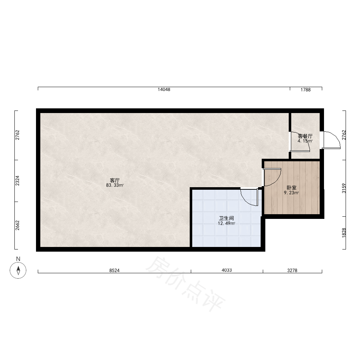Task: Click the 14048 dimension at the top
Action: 164,90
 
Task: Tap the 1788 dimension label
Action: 306,90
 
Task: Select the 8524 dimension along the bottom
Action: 114,270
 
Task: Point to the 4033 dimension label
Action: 226,270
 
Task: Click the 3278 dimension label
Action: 292,270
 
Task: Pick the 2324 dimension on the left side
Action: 17,181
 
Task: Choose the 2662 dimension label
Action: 17,225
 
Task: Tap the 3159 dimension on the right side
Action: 344,188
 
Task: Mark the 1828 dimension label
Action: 344,233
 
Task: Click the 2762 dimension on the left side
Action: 17,135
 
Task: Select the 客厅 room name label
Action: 114,180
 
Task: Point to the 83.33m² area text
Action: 115,185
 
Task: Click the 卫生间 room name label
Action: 226,219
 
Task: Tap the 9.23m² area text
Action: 291,193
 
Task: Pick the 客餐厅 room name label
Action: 305,136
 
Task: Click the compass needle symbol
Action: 18,270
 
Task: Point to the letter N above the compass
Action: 18,259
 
